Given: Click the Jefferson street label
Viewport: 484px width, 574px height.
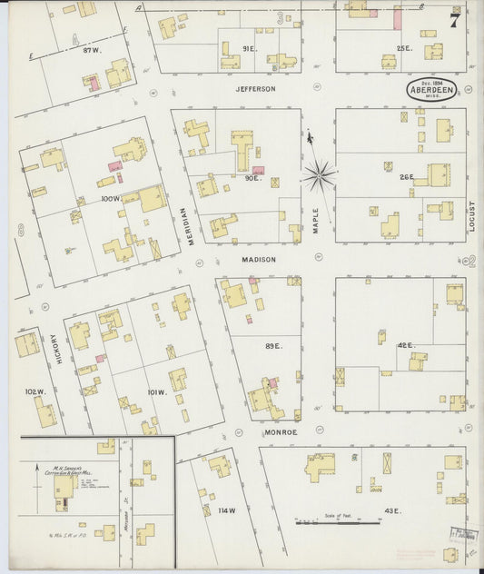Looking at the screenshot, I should [255, 89].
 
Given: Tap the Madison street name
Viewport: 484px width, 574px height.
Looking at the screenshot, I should [258, 259].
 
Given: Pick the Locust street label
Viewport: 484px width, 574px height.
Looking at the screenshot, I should [472, 216].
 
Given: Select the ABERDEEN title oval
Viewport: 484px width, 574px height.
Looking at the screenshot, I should [434, 91].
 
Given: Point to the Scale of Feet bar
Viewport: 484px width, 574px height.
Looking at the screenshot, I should [337, 521].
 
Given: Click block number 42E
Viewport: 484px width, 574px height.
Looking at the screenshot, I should [405, 345].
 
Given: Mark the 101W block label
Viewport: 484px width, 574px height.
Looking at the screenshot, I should [156, 392].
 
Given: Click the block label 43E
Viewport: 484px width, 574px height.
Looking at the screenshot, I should [392, 511].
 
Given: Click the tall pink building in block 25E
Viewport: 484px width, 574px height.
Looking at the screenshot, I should [397, 18].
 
